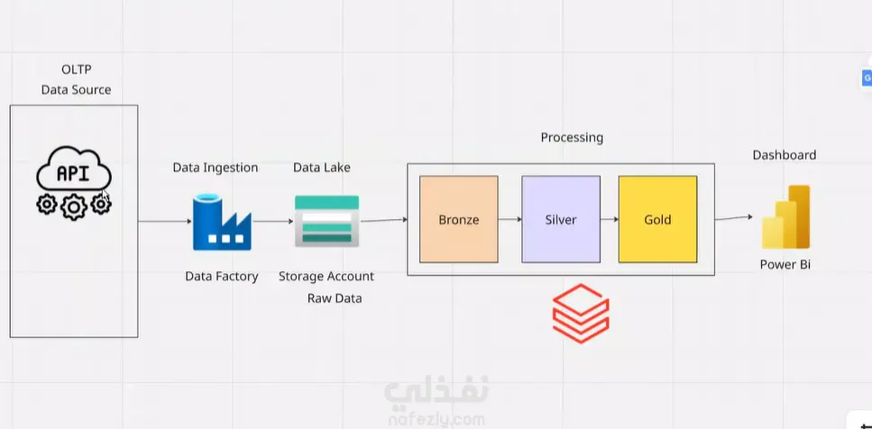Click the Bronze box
458,219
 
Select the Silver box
560,219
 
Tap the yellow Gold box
657,219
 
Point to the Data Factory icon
222,222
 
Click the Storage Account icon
326,221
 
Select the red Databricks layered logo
581,314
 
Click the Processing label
572,138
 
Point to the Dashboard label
785,155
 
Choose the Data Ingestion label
216,168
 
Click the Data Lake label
322,168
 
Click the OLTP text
76,69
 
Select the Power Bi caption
785,265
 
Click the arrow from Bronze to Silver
509,219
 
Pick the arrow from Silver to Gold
609,219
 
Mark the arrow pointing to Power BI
734,217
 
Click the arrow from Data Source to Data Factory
164,221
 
